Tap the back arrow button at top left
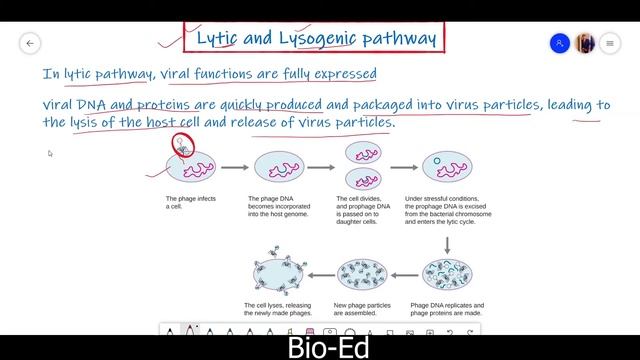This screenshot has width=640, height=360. (x=30, y=43)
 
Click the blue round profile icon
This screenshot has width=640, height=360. (x=560, y=43)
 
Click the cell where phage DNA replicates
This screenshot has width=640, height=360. (x=447, y=272)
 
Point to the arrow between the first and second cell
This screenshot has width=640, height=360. (x=233, y=167)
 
